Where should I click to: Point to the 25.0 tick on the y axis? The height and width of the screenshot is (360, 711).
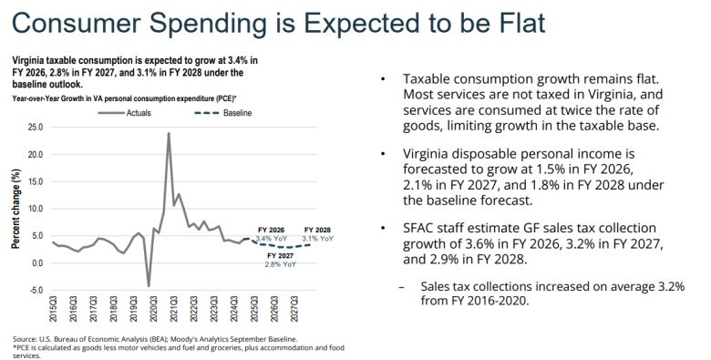(x=36, y=127)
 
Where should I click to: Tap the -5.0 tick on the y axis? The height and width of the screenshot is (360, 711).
(x=36, y=290)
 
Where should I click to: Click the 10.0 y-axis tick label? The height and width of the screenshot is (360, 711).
(x=36, y=209)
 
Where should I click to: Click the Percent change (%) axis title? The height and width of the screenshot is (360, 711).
(x=15, y=209)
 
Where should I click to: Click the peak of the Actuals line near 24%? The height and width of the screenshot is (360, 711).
(x=169, y=133)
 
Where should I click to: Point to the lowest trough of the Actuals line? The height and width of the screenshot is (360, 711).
(x=149, y=286)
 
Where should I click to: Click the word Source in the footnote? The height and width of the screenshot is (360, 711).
(x=26, y=336)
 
